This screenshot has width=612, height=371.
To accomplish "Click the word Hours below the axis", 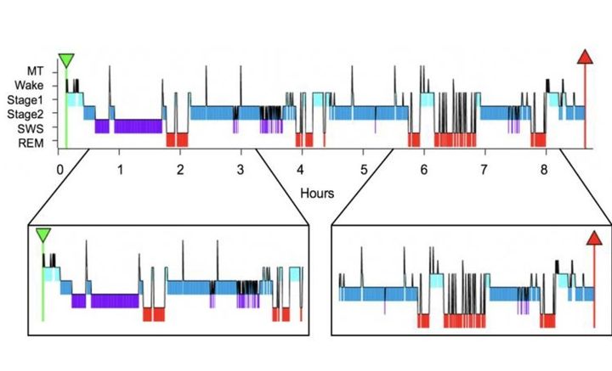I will pos(318,193).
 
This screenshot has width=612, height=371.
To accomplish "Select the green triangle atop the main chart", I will pos(66,60).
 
